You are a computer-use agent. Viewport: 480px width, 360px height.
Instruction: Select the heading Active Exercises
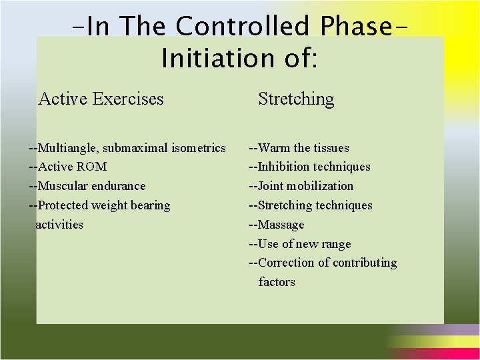(101, 99)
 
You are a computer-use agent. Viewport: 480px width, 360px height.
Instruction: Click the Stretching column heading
(296, 99)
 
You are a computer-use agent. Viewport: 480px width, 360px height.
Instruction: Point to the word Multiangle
(68, 148)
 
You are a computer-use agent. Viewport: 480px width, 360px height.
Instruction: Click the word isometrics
(198, 148)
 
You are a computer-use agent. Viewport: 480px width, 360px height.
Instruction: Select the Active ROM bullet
(67, 167)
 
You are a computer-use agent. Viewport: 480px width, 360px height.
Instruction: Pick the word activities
(59, 225)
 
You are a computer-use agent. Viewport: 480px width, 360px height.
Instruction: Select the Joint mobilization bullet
(301, 186)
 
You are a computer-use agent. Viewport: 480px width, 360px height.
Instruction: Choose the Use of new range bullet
(299, 244)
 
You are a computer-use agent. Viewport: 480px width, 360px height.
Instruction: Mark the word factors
(277, 282)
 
